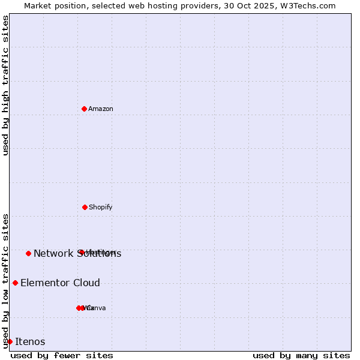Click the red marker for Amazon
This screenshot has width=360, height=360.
pyautogui.click(x=85, y=109)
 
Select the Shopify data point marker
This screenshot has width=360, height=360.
pyautogui.click(x=85, y=207)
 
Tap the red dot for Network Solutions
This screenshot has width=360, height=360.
pyautogui.click(x=28, y=253)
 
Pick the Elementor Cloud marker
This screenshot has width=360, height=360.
pyautogui.click(x=15, y=283)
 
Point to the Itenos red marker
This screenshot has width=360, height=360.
pyautogui.click(x=10, y=341)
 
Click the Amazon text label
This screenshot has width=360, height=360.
pyautogui.click(x=101, y=109)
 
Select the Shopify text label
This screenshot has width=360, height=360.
pyautogui.click(x=101, y=207)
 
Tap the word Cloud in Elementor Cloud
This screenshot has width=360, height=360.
pyautogui.click(x=86, y=283)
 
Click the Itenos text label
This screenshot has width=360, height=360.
pyautogui.click(x=30, y=341)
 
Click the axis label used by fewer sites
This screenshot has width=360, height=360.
pyautogui.click(x=62, y=355)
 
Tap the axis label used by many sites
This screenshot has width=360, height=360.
pyautogui.click(x=301, y=355)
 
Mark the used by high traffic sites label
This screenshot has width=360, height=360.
pyautogui.click(x=5, y=85)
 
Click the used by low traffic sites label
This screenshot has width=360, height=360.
pyautogui.click(x=5, y=281)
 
